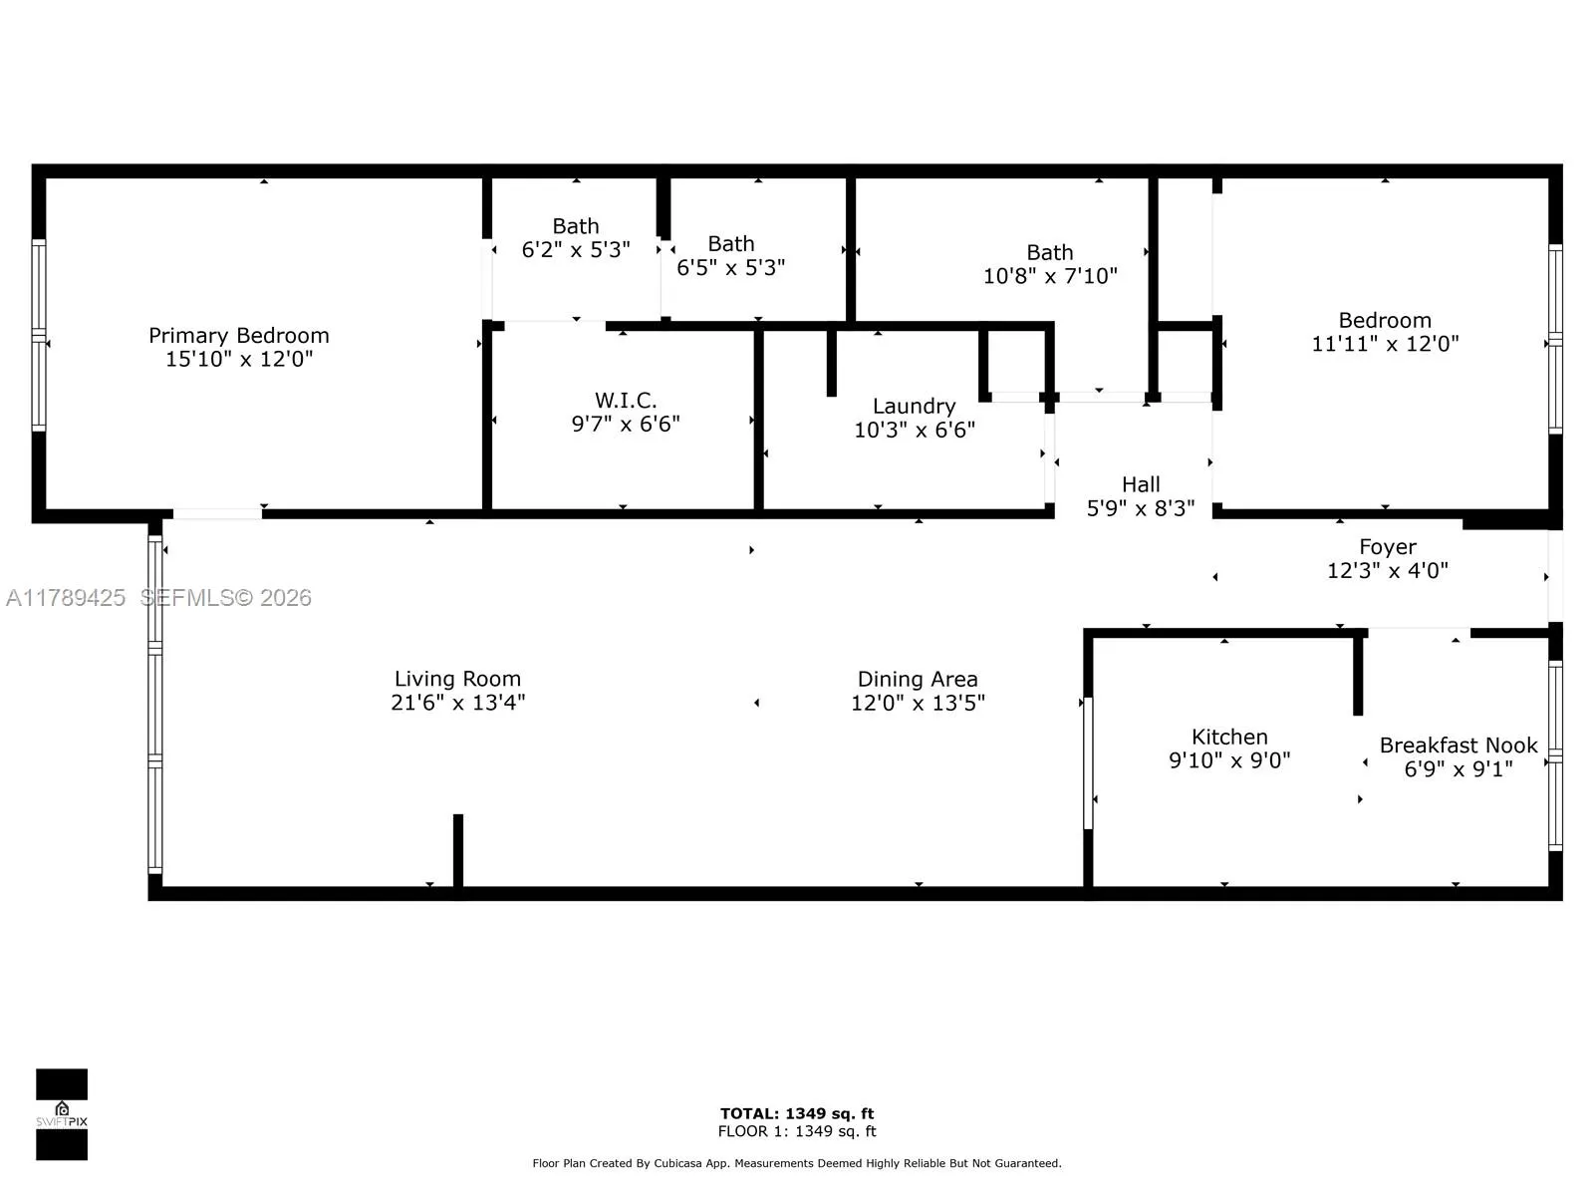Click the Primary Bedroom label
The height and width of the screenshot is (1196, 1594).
tap(238, 336)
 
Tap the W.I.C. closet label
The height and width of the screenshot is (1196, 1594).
tap(626, 401)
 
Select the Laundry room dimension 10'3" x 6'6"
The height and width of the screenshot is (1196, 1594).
tap(914, 431)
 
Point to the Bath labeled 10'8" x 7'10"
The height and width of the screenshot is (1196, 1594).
tap(1050, 264)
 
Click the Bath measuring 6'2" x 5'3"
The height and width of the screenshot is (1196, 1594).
tap(576, 238)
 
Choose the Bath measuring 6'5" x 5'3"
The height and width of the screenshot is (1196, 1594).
tap(730, 255)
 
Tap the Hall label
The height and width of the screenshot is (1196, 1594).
tap(1141, 484)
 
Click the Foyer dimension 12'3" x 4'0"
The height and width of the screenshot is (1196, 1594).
tap(1387, 571)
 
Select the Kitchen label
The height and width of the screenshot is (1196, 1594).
tap(1229, 737)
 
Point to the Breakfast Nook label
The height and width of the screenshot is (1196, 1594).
tap(1458, 746)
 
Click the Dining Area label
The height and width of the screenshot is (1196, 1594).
tap(917, 679)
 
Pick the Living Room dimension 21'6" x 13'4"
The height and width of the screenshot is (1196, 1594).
tap(457, 703)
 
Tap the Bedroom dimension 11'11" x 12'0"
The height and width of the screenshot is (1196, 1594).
tap(1385, 344)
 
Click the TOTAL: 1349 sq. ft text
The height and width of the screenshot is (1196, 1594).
tap(797, 1113)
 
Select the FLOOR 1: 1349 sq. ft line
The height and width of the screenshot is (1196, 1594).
tap(797, 1131)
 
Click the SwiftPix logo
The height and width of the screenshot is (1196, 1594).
tap(62, 1113)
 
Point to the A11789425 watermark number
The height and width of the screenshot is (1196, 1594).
tap(66, 598)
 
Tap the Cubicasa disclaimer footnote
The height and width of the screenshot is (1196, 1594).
tap(797, 1163)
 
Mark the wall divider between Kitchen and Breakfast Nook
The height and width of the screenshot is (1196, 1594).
tap(1357, 675)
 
